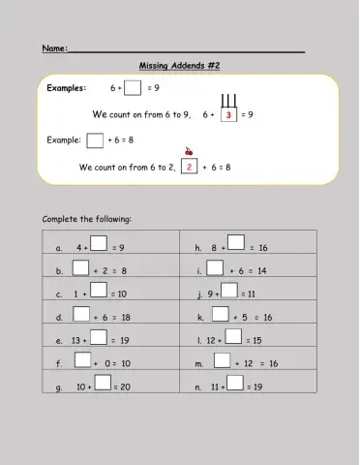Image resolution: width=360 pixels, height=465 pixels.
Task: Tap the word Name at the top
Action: [53, 47]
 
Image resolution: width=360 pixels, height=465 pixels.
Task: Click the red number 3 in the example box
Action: [228, 114]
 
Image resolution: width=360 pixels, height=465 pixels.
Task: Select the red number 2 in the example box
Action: [190, 167]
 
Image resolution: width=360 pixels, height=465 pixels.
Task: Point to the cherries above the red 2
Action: [188, 152]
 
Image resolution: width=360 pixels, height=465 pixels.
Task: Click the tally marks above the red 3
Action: [229, 101]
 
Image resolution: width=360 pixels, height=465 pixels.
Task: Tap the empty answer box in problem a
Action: [99, 245]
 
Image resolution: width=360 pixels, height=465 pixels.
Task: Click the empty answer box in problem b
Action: [80, 268]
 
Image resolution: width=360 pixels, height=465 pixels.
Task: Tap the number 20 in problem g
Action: [124, 387]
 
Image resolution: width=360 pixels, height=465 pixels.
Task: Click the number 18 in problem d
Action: [125, 318]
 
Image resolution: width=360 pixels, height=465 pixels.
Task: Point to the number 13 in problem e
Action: [76, 341]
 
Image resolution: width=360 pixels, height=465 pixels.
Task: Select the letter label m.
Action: [199, 364]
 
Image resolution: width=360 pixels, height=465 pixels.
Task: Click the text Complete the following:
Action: [87, 220]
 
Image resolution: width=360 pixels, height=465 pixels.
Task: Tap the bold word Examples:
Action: [67, 88]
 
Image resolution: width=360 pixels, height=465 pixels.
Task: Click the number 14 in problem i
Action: [261, 271]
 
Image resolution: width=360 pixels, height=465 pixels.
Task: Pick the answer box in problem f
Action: [83, 360]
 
